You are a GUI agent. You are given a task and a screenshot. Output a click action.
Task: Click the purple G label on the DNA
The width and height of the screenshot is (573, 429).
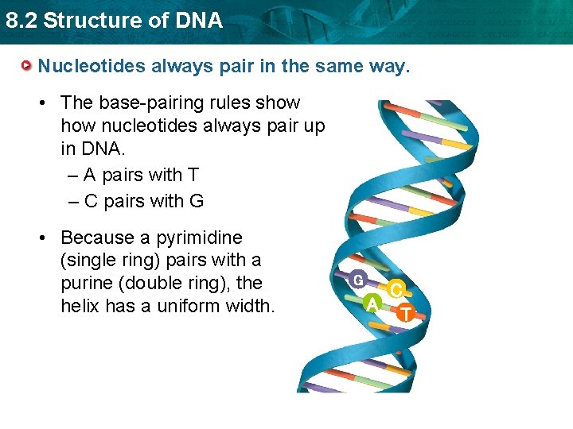tap(359, 280)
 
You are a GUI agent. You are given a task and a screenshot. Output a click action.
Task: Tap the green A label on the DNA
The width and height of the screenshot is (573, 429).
tap(371, 303)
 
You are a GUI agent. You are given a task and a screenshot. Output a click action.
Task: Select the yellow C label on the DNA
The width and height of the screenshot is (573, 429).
tap(396, 291)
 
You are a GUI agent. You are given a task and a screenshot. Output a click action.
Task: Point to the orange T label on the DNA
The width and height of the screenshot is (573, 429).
tap(405, 314)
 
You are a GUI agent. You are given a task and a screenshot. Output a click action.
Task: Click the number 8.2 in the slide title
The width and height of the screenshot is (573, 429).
tap(21, 21)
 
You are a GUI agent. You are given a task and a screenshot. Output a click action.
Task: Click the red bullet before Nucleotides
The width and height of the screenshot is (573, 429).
tap(27, 64)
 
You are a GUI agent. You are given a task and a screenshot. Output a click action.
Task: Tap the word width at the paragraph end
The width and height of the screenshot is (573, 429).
tap(248, 305)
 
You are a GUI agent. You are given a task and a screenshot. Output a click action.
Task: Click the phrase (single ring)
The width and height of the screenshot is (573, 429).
tap(109, 260)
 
